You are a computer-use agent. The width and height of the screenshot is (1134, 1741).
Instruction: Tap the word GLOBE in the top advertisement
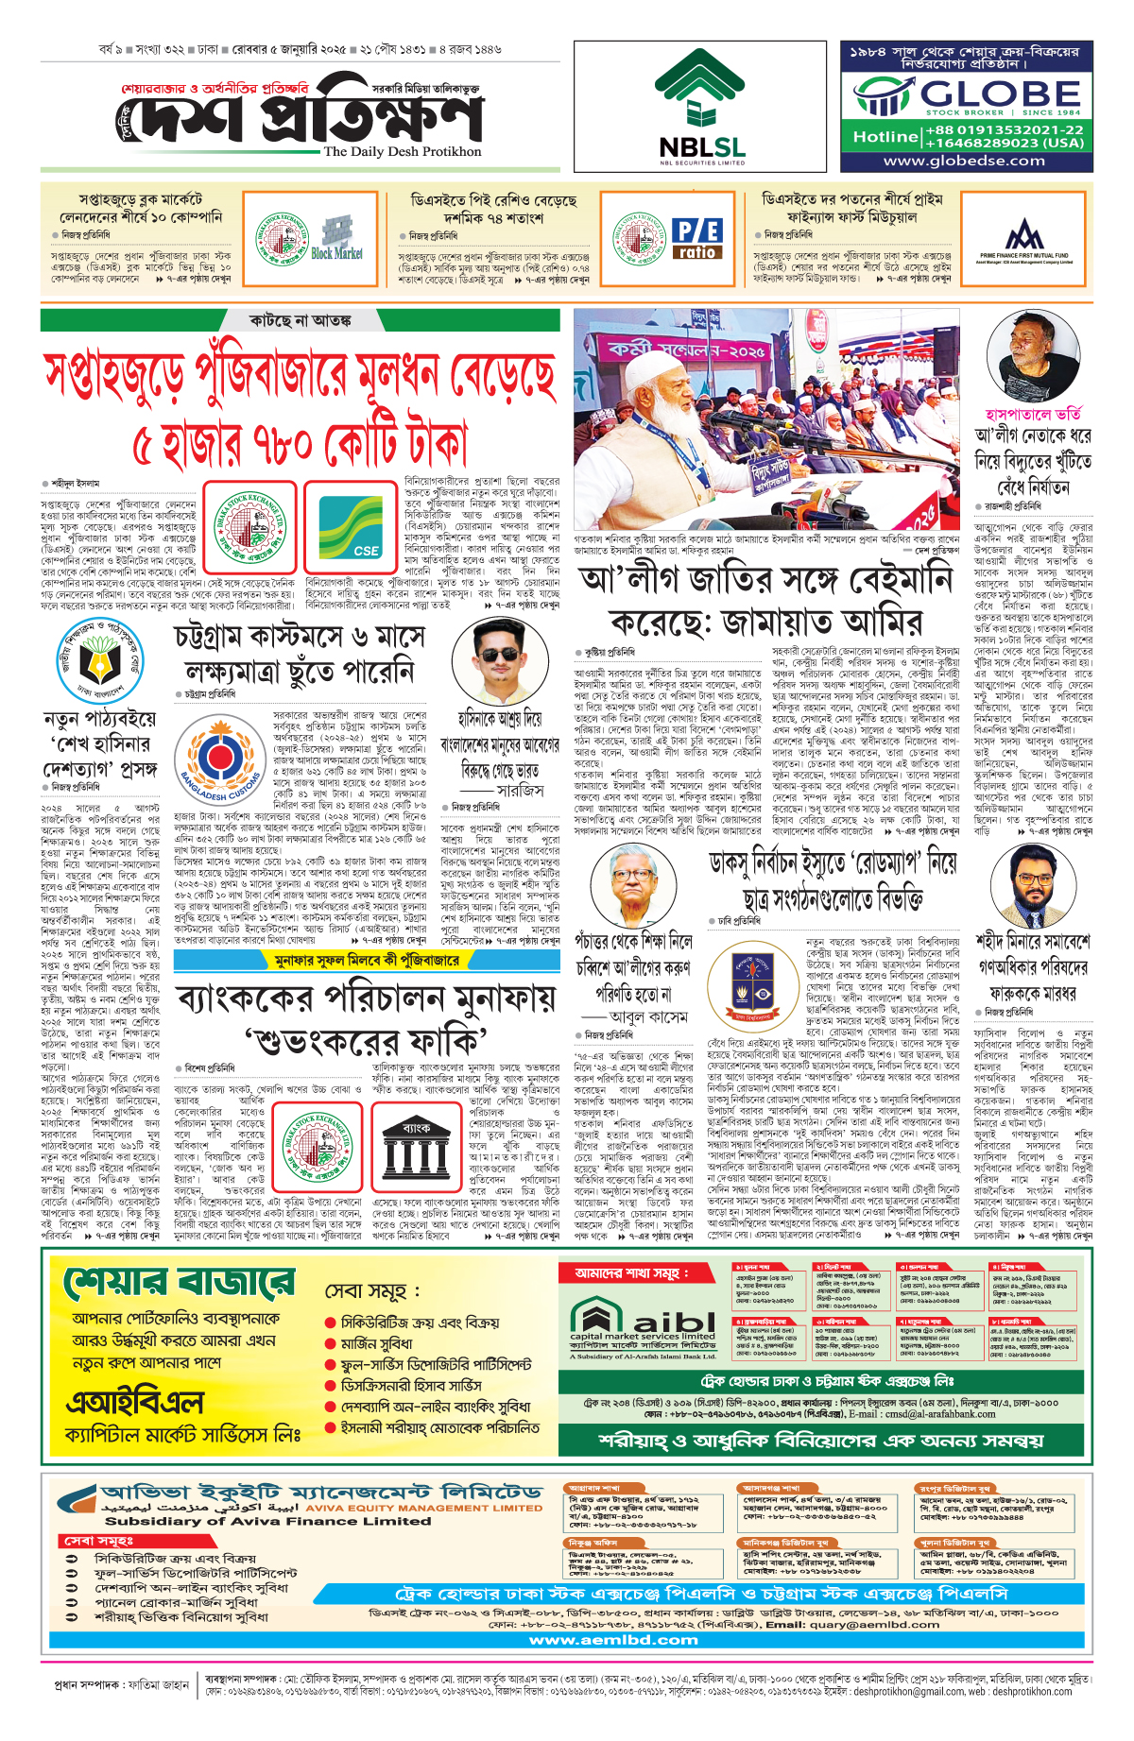[999, 94]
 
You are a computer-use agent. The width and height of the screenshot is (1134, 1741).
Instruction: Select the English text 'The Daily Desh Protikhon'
[403, 151]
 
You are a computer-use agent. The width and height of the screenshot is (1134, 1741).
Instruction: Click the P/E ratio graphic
[697, 239]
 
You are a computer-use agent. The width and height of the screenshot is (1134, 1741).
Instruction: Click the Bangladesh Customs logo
[220, 757]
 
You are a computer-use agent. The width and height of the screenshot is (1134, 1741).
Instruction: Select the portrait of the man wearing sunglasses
[500, 660]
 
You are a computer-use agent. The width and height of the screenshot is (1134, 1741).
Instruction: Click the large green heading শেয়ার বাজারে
[180, 1285]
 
